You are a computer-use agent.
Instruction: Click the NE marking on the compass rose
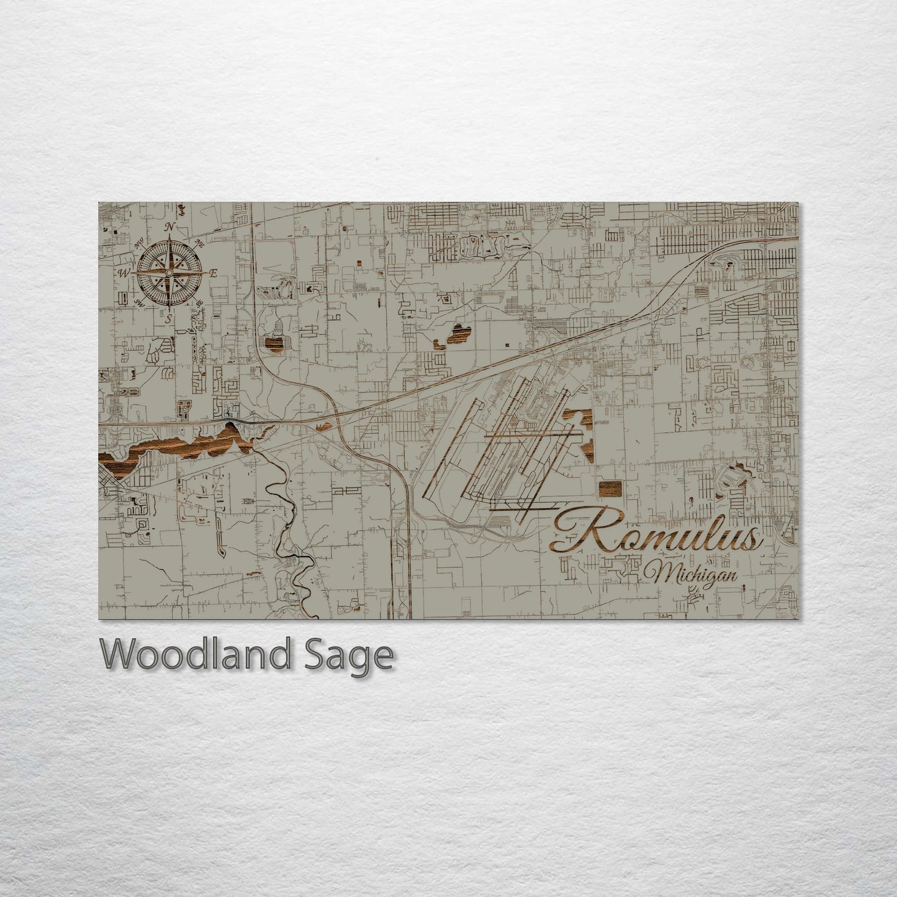[199, 243]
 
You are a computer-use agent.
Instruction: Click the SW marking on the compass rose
[138, 304]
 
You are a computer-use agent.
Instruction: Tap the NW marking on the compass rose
[138, 242]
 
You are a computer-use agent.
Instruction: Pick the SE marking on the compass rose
[199, 303]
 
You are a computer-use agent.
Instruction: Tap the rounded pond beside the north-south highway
[275, 343]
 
